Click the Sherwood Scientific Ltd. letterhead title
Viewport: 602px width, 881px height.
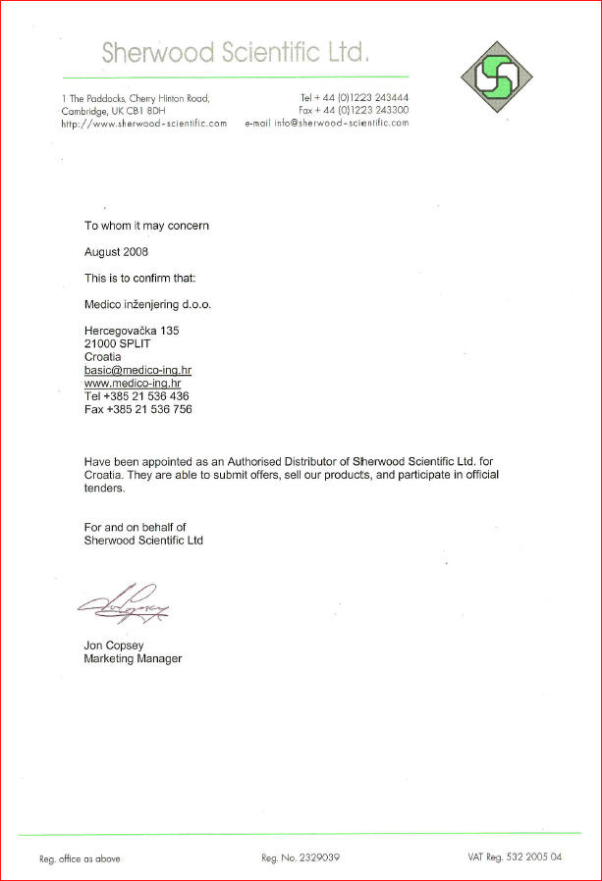tap(236, 52)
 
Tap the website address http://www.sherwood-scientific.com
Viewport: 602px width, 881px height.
tap(143, 124)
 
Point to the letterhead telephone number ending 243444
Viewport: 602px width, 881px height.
tap(355, 98)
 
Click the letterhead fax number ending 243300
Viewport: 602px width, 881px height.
tap(355, 111)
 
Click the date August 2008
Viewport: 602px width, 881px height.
tap(116, 252)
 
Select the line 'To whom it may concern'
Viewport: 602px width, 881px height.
tap(146, 226)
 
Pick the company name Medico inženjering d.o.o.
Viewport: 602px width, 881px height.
tap(147, 304)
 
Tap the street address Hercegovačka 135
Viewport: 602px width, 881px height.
tap(132, 332)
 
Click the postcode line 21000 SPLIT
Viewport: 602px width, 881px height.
tap(118, 344)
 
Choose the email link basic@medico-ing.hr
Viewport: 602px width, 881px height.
tap(137, 370)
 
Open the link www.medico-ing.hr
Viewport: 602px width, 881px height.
tap(133, 383)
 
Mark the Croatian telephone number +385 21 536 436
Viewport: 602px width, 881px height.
tap(137, 395)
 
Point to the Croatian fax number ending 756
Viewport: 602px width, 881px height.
tap(137, 409)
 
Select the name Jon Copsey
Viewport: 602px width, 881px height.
tap(113, 646)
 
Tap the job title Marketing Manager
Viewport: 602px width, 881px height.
tap(133, 658)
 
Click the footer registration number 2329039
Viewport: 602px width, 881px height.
tap(301, 857)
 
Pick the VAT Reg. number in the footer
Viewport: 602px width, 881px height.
tap(515, 857)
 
